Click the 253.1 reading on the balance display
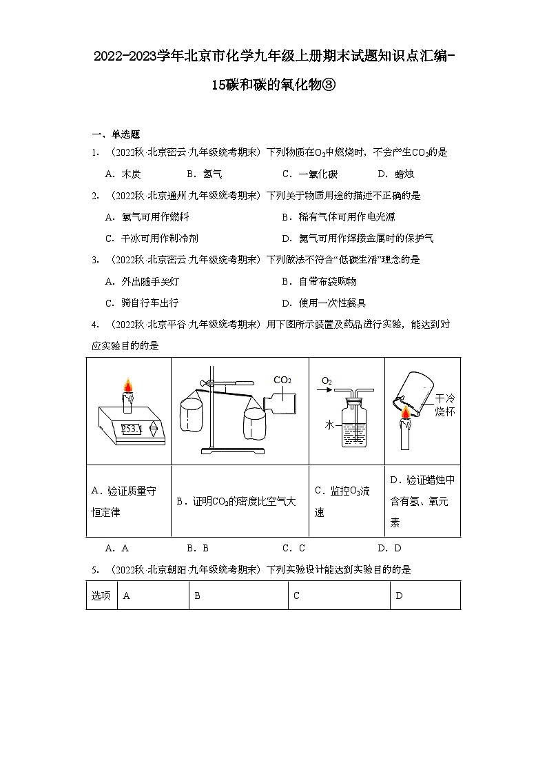click(131, 429)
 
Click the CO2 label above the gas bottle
click(282, 380)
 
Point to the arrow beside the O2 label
click(328, 389)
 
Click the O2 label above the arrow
click(327, 380)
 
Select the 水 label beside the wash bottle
click(329, 425)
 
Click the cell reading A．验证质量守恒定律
click(124, 501)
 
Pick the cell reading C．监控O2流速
click(342, 501)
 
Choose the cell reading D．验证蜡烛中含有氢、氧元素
click(422, 501)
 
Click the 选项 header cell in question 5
click(101, 595)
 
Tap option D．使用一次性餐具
click(319, 303)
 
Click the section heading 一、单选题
click(116, 134)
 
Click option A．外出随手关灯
click(143, 281)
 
